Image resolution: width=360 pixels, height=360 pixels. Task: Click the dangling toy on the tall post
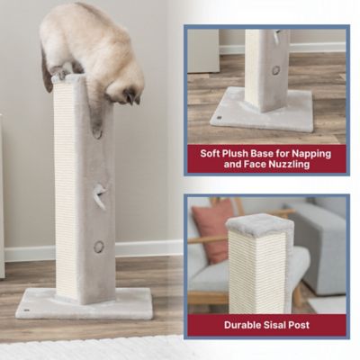(99, 195)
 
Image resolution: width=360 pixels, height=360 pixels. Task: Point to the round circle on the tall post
(99, 246)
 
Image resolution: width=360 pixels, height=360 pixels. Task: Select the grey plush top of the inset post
(259, 226)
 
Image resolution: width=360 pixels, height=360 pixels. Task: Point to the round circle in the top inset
(275, 70)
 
